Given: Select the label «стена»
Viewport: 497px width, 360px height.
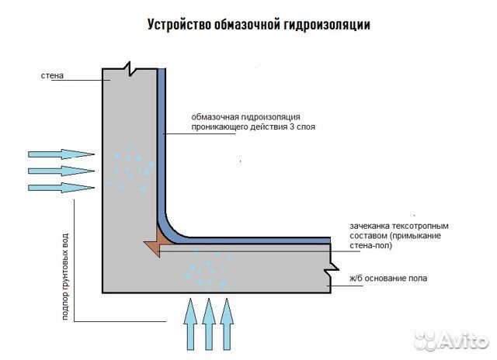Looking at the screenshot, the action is click(52, 76).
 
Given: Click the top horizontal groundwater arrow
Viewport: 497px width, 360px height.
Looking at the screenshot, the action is click(61, 154).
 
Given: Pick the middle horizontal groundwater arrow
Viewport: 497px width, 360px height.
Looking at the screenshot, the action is click(61, 171).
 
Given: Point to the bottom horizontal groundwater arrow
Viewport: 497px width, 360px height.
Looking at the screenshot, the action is click(61, 188).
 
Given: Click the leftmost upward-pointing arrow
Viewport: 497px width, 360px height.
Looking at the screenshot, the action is click(190, 324).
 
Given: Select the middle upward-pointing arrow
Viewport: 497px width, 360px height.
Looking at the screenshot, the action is click(209, 324).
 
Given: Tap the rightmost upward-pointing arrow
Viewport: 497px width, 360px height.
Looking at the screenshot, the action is click(227, 324).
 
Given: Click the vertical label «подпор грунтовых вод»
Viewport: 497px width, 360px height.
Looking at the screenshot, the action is click(65, 276).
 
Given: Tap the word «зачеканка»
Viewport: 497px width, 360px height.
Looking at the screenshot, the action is click(370, 226).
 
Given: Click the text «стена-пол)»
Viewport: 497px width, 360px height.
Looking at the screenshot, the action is click(371, 245).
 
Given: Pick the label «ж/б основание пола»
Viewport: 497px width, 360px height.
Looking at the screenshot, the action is click(388, 279).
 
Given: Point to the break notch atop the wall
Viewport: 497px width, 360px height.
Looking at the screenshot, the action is click(130, 68).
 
